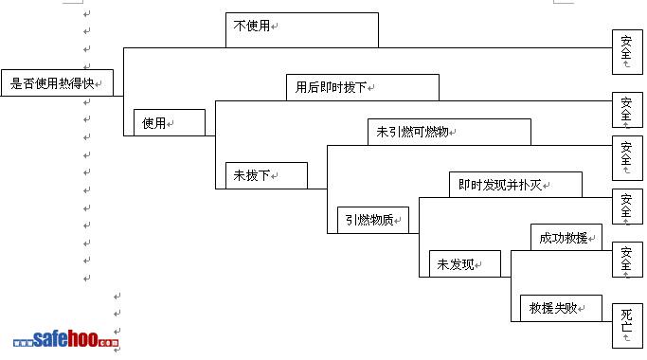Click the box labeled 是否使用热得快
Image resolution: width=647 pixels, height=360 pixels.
click(57, 83)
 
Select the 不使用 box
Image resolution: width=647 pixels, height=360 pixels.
click(302, 30)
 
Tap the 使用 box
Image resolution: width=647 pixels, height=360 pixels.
click(170, 122)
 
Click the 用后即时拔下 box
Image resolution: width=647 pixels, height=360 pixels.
click(363, 87)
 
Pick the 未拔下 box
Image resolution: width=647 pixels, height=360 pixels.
click(266, 175)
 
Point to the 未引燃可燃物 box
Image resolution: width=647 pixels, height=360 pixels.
click(449, 132)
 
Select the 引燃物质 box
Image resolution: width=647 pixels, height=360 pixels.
click(373, 220)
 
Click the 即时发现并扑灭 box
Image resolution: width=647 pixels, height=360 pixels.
click(515, 185)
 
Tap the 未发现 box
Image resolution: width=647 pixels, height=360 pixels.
click(465, 263)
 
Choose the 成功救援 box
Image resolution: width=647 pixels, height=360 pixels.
click(566, 238)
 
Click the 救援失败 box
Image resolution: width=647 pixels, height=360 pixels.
click(561, 309)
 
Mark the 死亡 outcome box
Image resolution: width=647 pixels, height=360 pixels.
click(627, 326)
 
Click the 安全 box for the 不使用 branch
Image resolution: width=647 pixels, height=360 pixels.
click(627, 52)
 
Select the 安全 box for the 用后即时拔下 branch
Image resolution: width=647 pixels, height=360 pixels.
click(627, 110)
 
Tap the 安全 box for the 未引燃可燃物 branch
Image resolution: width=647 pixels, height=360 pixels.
click(627, 158)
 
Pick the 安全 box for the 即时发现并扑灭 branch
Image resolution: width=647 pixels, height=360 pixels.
click(627, 207)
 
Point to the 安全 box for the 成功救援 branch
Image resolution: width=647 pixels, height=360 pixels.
click(627, 260)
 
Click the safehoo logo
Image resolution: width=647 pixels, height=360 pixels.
click(66, 339)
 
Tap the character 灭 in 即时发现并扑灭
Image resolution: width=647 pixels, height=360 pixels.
click(535, 185)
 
